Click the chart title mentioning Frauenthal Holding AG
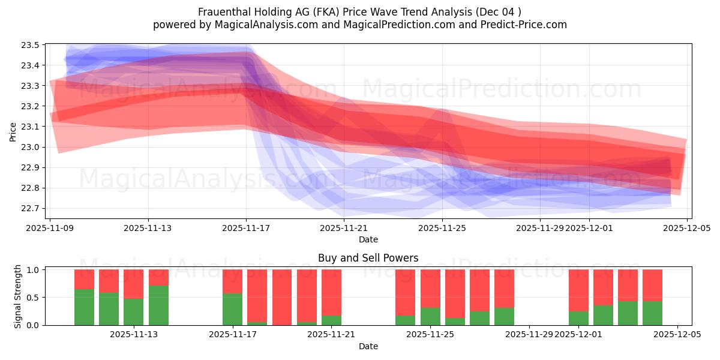coord(359,12)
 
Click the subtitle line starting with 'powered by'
coord(359,25)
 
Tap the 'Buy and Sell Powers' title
coord(368,258)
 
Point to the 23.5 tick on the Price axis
coord(32,45)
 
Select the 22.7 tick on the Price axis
coord(32,208)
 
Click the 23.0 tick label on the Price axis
coord(32,147)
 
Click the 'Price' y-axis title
coord(13,131)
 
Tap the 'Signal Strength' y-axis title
coord(18,296)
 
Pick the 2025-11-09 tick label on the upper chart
coord(50,228)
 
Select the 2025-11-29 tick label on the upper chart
coord(540,228)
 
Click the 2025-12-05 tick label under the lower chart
coord(677,335)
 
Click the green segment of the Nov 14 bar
coord(158,305)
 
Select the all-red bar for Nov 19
coord(281,297)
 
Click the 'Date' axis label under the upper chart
coord(368,239)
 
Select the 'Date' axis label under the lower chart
coord(368,346)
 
